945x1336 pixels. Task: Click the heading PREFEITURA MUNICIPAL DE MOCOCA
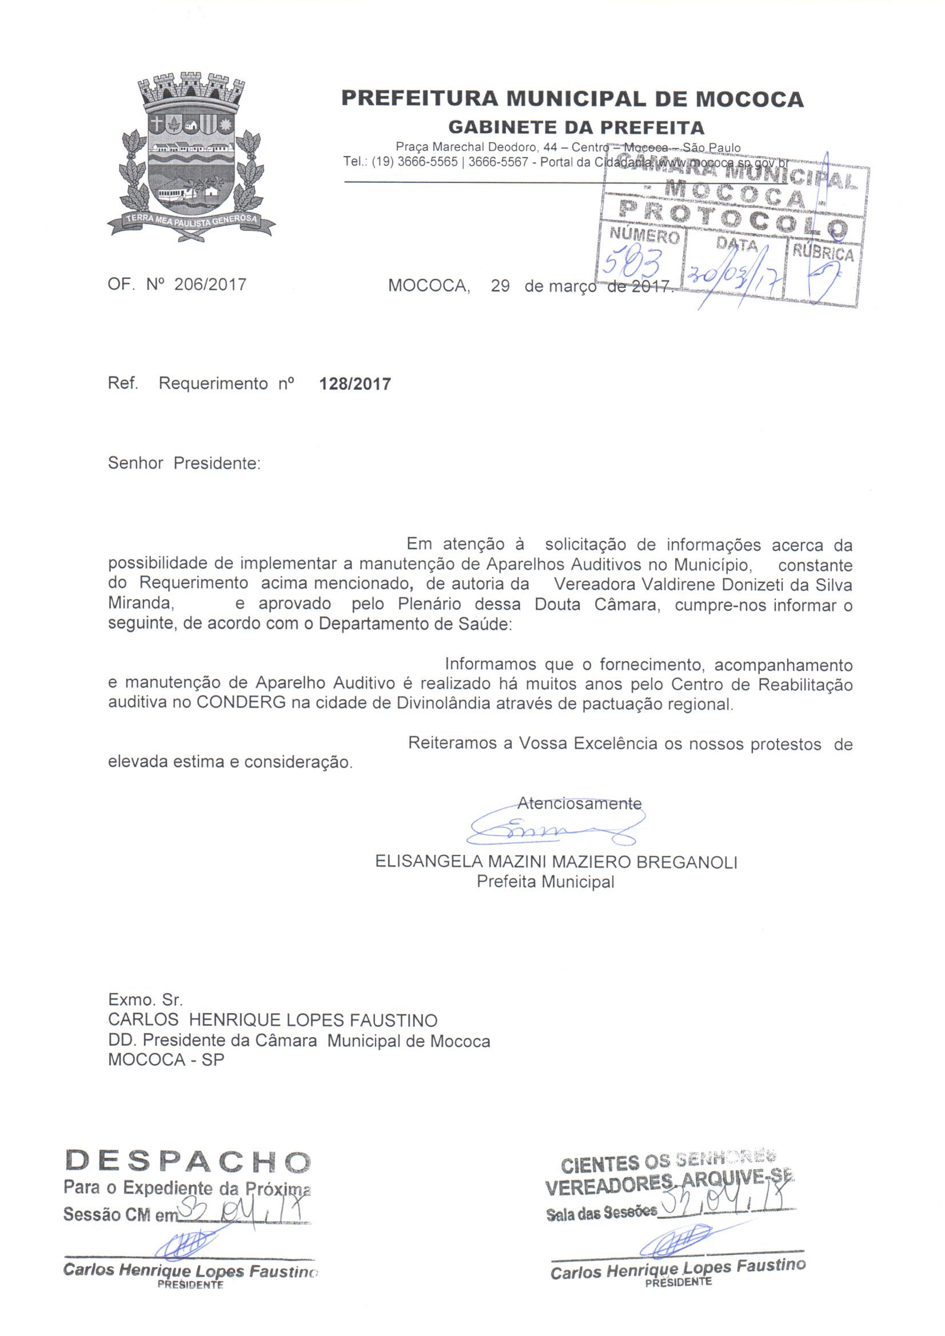point(572,99)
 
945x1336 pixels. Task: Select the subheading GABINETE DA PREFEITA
point(576,127)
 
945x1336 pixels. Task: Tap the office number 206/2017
point(210,285)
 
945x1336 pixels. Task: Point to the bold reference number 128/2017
point(355,384)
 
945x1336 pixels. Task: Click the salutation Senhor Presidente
point(184,464)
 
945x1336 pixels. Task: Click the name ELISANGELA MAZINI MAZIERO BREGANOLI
point(556,862)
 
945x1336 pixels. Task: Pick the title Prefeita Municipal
point(545,882)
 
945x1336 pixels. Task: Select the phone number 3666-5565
point(427,162)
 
